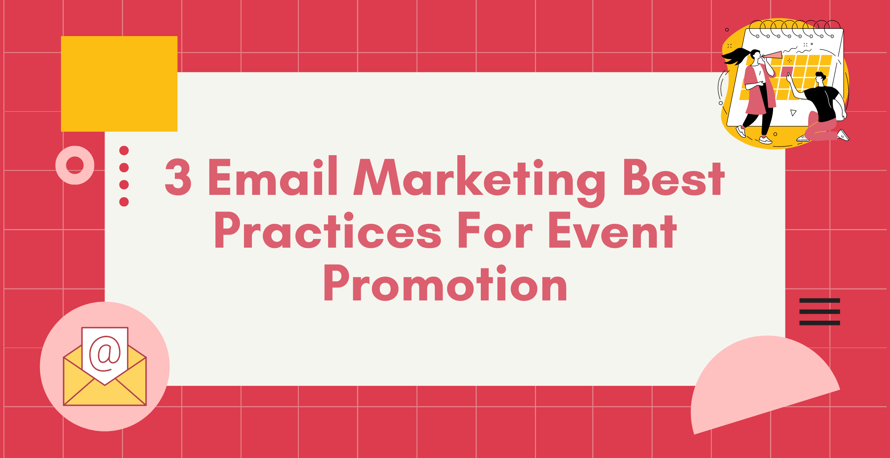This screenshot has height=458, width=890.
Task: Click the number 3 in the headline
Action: click(x=178, y=177)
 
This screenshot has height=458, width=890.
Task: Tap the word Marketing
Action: click(x=479, y=181)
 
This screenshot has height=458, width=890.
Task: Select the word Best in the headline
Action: click(x=674, y=177)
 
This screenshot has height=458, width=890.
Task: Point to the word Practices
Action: click(x=328, y=230)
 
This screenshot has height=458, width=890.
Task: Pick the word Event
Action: click(x=613, y=230)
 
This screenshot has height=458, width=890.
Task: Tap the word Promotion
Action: click(x=446, y=283)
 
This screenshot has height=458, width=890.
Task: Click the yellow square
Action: click(x=119, y=84)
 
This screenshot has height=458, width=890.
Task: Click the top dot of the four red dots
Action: click(x=124, y=150)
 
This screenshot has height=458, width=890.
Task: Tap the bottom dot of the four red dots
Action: click(x=124, y=202)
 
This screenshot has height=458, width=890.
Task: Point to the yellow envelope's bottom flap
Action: click(x=105, y=393)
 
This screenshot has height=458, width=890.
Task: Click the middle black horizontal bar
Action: click(x=820, y=312)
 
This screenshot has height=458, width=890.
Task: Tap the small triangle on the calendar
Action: click(x=793, y=113)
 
